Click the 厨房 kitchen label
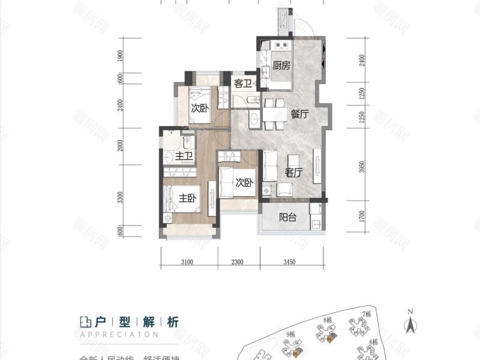pyautogui.click(x=281, y=66)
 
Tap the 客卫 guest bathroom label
pyautogui.click(x=242, y=83)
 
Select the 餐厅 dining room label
pyautogui.click(x=300, y=115)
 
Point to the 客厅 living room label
pyautogui.click(x=293, y=172)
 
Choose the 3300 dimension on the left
pyautogui.click(x=121, y=197)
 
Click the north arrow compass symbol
pyautogui.click(x=410, y=324)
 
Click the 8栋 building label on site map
pyautogui.click(x=328, y=320)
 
